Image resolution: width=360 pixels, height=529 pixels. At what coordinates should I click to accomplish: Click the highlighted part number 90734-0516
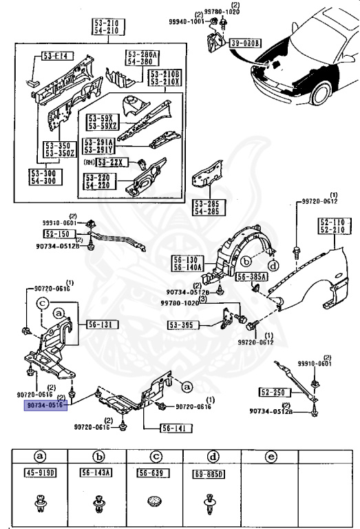(x=45, y=406)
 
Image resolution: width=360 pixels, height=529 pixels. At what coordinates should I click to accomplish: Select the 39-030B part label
(x=247, y=43)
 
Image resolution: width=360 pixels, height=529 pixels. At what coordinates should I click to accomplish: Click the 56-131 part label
(x=101, y=324)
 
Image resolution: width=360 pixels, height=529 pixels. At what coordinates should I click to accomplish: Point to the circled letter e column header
(x=271, y=456)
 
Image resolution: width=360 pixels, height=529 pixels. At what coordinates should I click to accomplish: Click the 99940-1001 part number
(x=186, y=21)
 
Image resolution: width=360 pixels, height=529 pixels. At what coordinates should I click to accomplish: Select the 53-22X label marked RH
(x=110, y=162)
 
